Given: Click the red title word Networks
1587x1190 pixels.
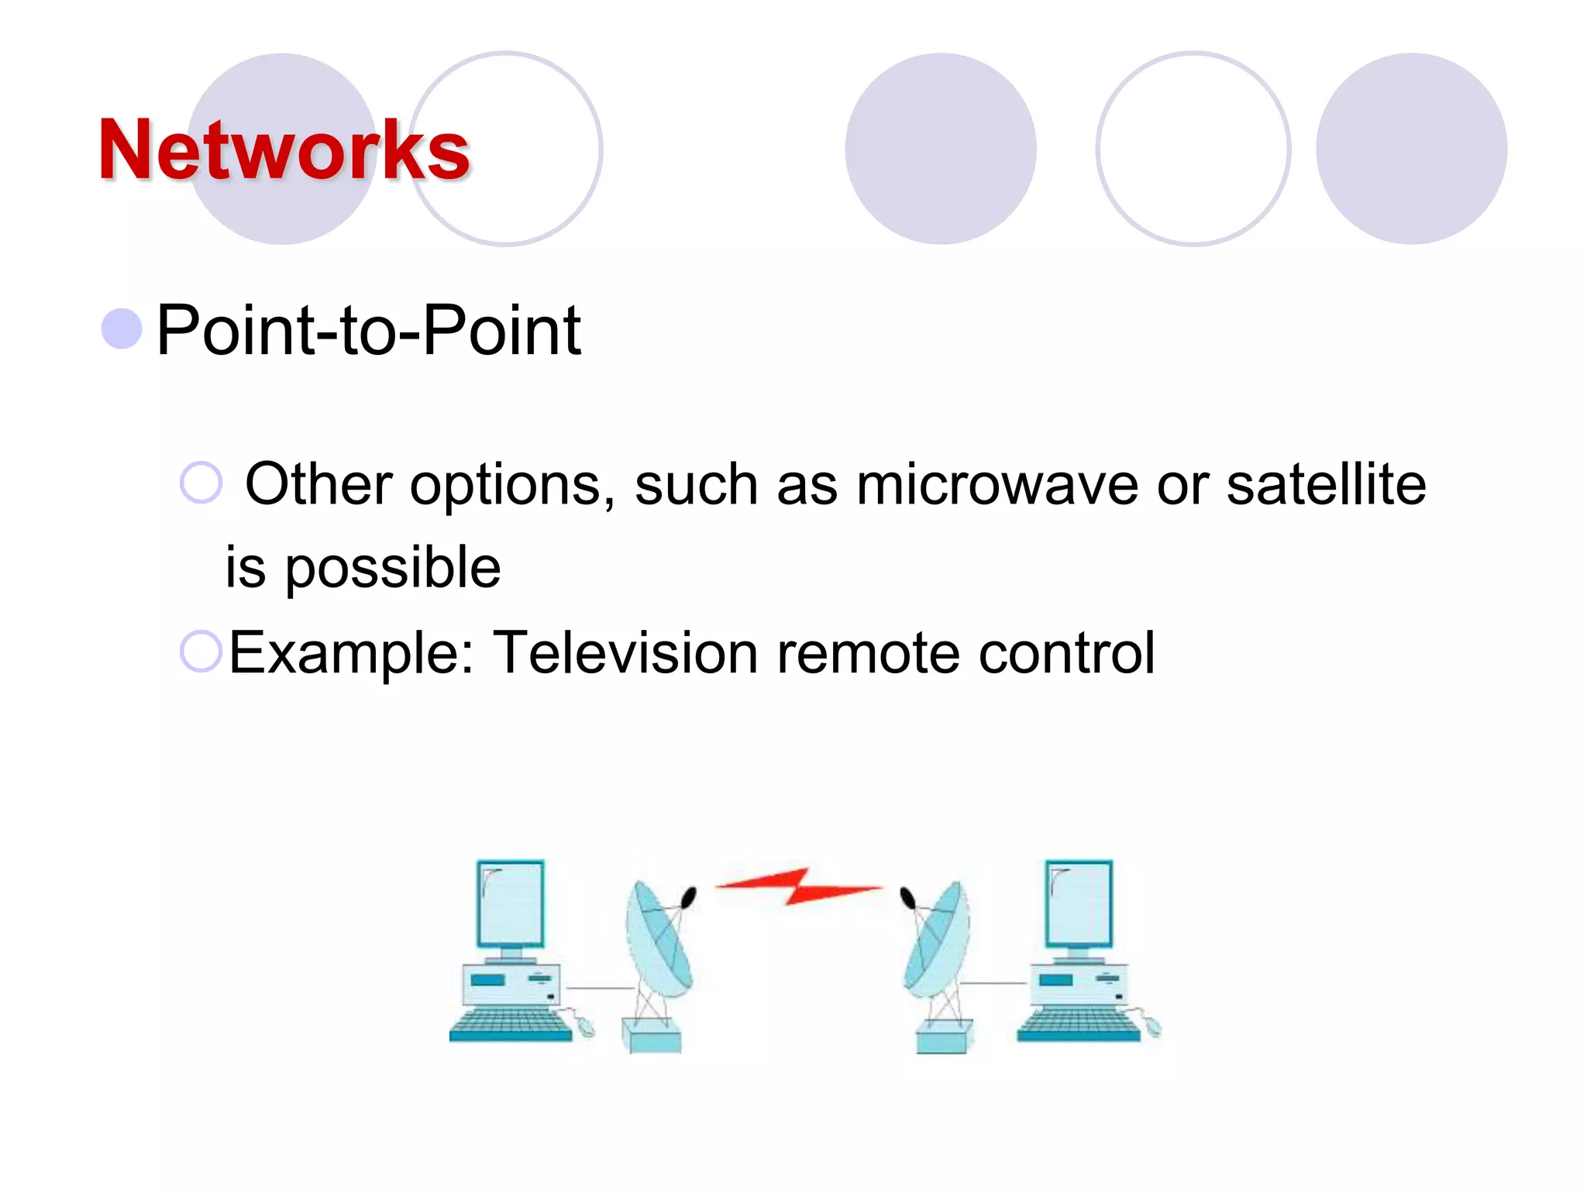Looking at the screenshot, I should (x=284, y=150).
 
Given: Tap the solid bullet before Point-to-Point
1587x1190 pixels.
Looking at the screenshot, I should (x=122, y=329).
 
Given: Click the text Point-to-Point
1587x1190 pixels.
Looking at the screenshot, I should (x=368, y=331).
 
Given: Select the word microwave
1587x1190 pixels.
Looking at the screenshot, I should (x=997, y=485).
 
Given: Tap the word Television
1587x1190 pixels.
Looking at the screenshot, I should (x=625, y=652).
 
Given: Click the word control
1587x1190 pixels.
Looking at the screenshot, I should (x=1066, y=652).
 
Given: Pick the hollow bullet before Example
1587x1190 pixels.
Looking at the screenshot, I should (x=201, y=651).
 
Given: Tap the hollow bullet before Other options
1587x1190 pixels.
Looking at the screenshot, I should (x=201, y=483).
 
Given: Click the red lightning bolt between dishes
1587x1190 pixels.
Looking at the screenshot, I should (x=798, y=886).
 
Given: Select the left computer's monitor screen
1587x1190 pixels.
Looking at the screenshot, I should (x=510, y=903).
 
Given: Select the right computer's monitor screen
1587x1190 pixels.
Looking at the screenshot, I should (x=1078, y=903).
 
